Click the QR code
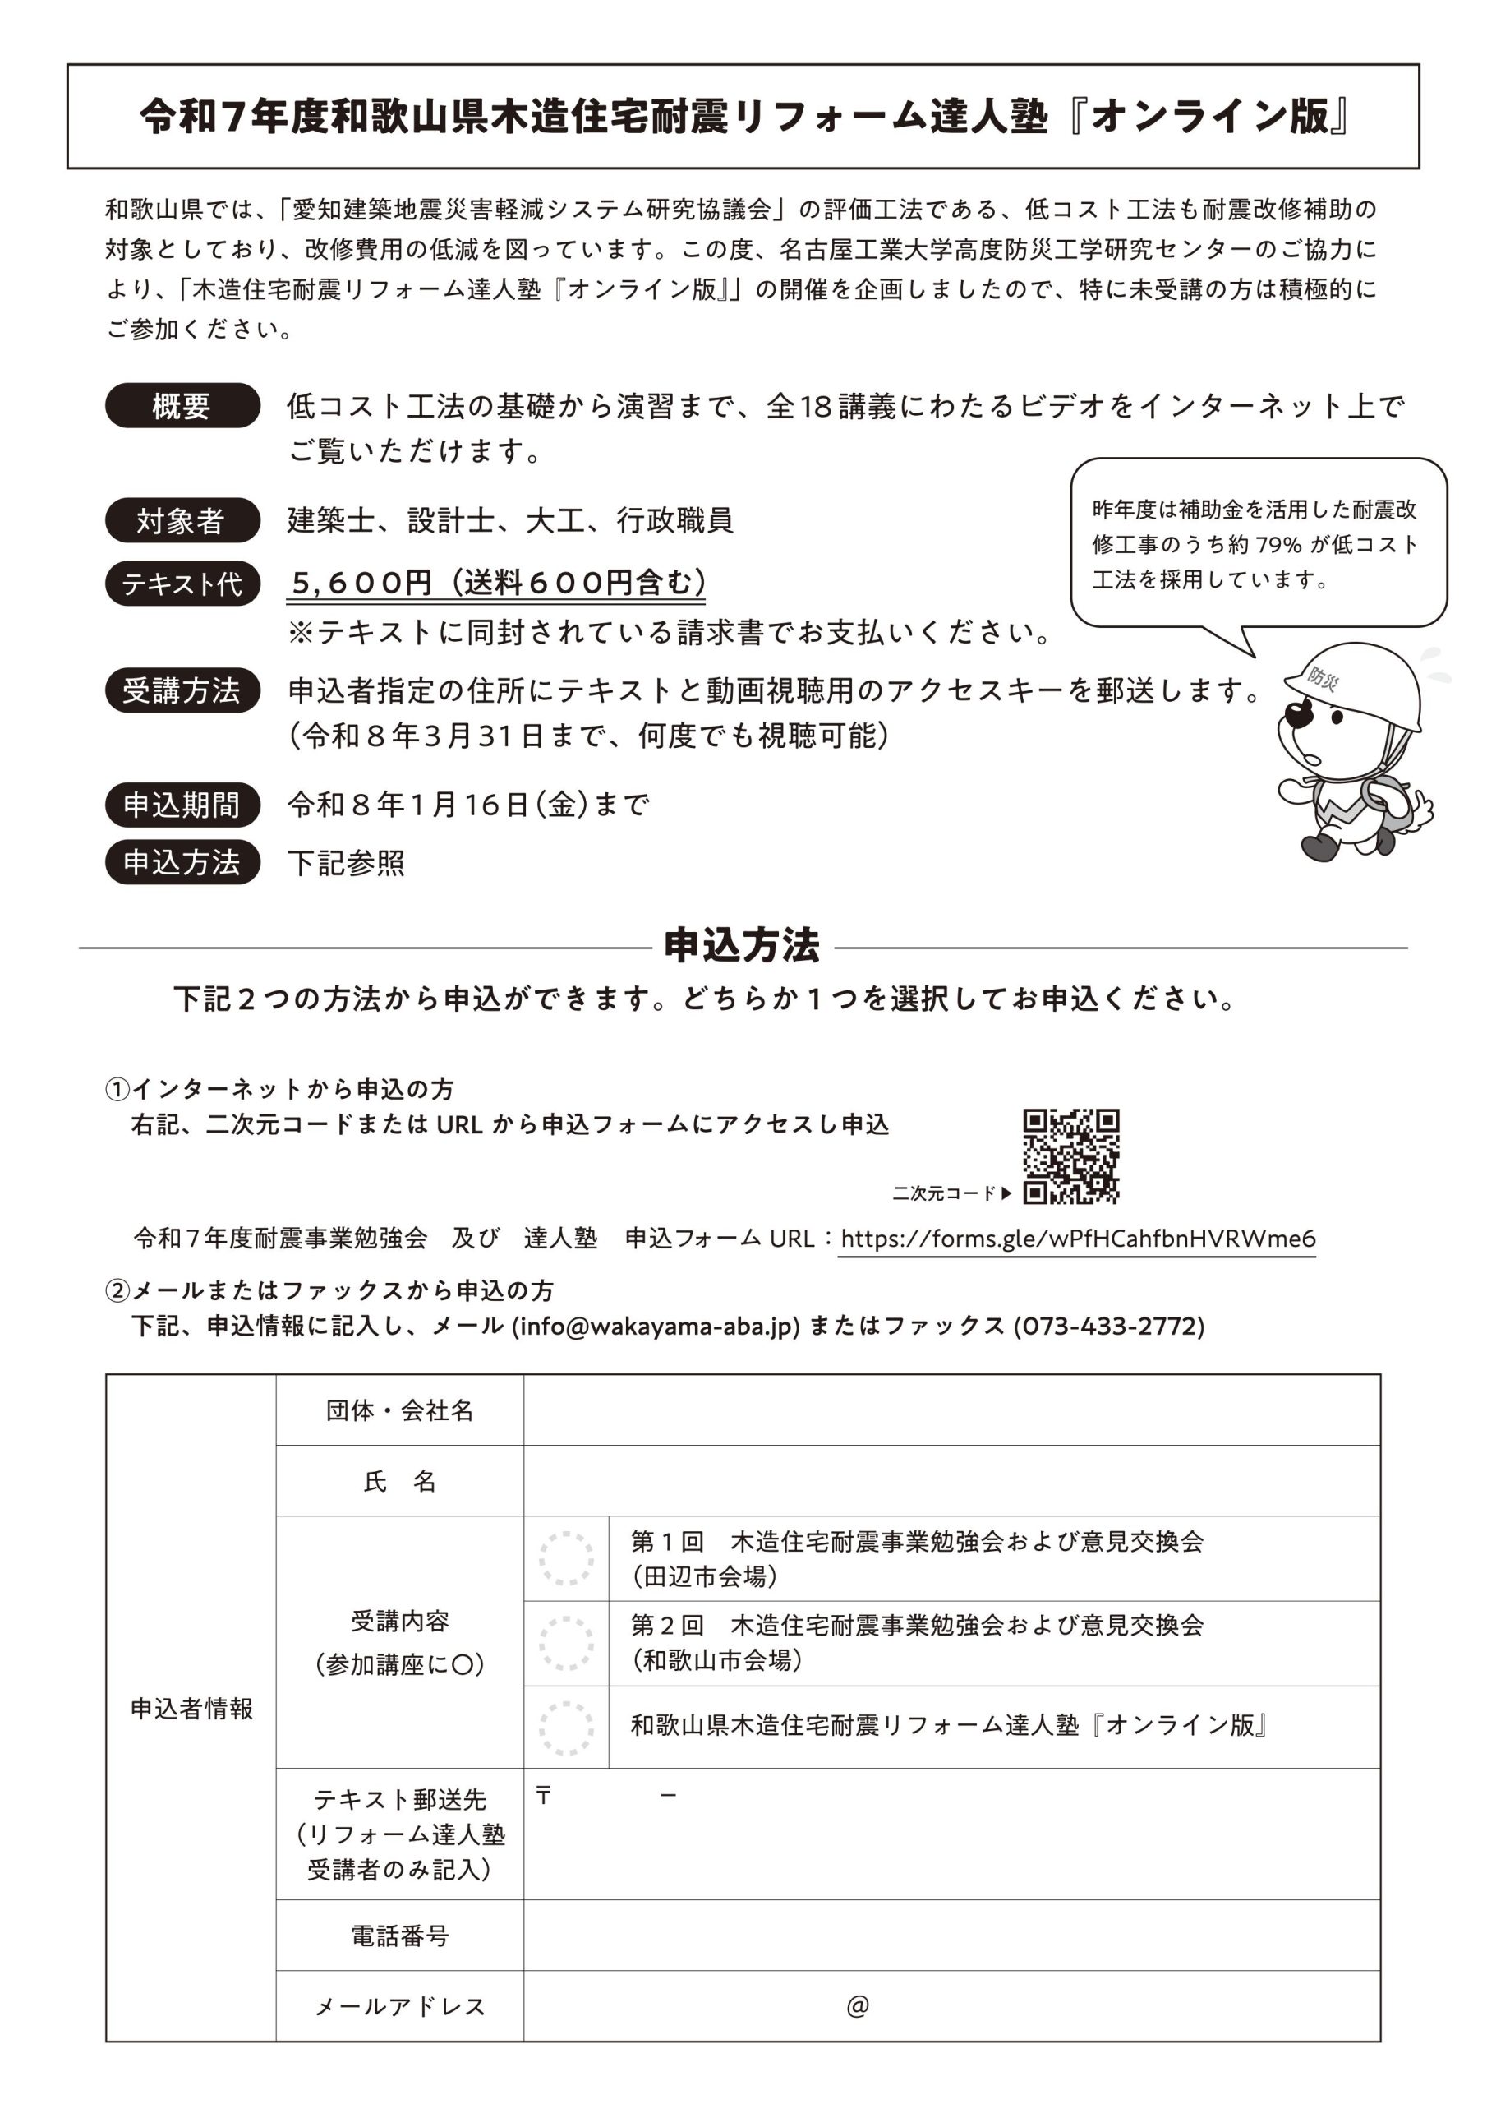coord(1070,1156)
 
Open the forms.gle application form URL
coord(1077,1239)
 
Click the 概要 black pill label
coord(182,405)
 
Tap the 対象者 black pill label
coord(182,520)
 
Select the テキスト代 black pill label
coord(182,584)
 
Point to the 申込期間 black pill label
coord(182,805)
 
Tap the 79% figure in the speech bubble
coord(1278,545)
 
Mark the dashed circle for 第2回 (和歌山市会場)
coord(566,1643)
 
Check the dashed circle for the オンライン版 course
coord(566,1728)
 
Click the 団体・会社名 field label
coord(399,1410)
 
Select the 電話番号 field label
coord(399,1936)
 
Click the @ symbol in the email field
coord(858,2006)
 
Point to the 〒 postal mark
coord(543,1795)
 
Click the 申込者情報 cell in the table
coord(191,1709)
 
